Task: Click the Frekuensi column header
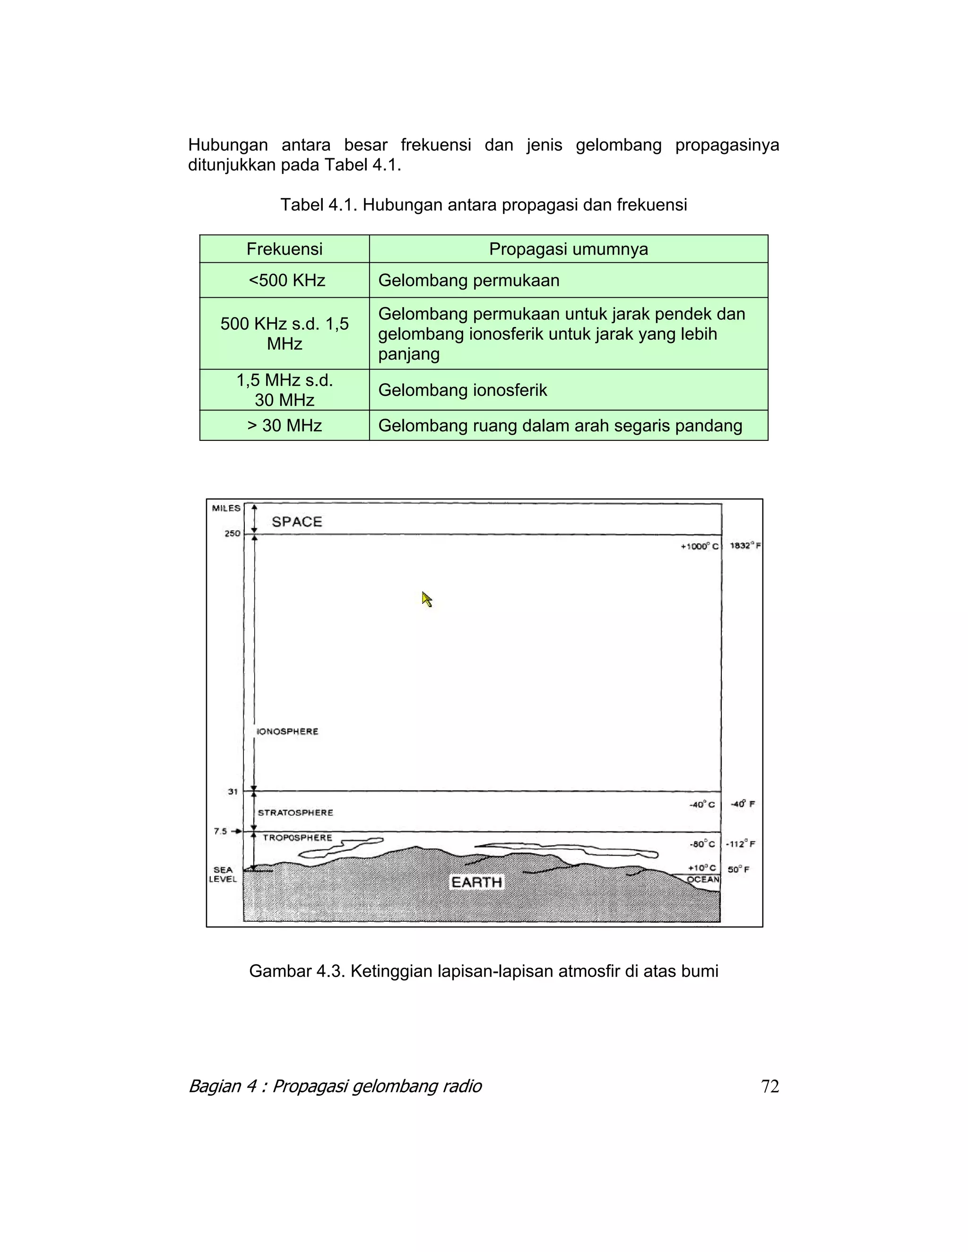285,249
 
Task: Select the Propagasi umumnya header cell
568,249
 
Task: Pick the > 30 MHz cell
285,425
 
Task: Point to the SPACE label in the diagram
296,522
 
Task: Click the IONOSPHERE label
287,731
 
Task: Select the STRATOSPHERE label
295,812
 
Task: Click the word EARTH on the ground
476,882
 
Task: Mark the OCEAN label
703,879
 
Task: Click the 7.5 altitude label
221,831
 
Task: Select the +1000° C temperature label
699,546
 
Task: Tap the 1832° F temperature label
745,546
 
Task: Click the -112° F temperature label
740,844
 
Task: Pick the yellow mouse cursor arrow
427,599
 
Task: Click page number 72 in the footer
769,1086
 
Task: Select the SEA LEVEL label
223,874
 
